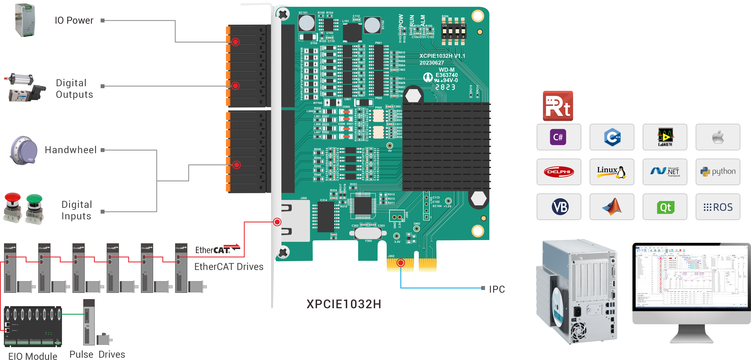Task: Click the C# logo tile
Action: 558,137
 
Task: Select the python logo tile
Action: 718,172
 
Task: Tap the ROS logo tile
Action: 718,207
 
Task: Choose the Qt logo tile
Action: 665,207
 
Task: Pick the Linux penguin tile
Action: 612,172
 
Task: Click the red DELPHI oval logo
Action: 559,172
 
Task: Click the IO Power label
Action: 74,20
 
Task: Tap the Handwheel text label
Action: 71,150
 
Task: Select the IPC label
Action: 497,289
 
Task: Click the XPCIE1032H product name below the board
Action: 344,304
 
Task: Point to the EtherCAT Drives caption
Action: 229,267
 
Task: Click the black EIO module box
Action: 33,326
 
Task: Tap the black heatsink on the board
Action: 446,146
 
